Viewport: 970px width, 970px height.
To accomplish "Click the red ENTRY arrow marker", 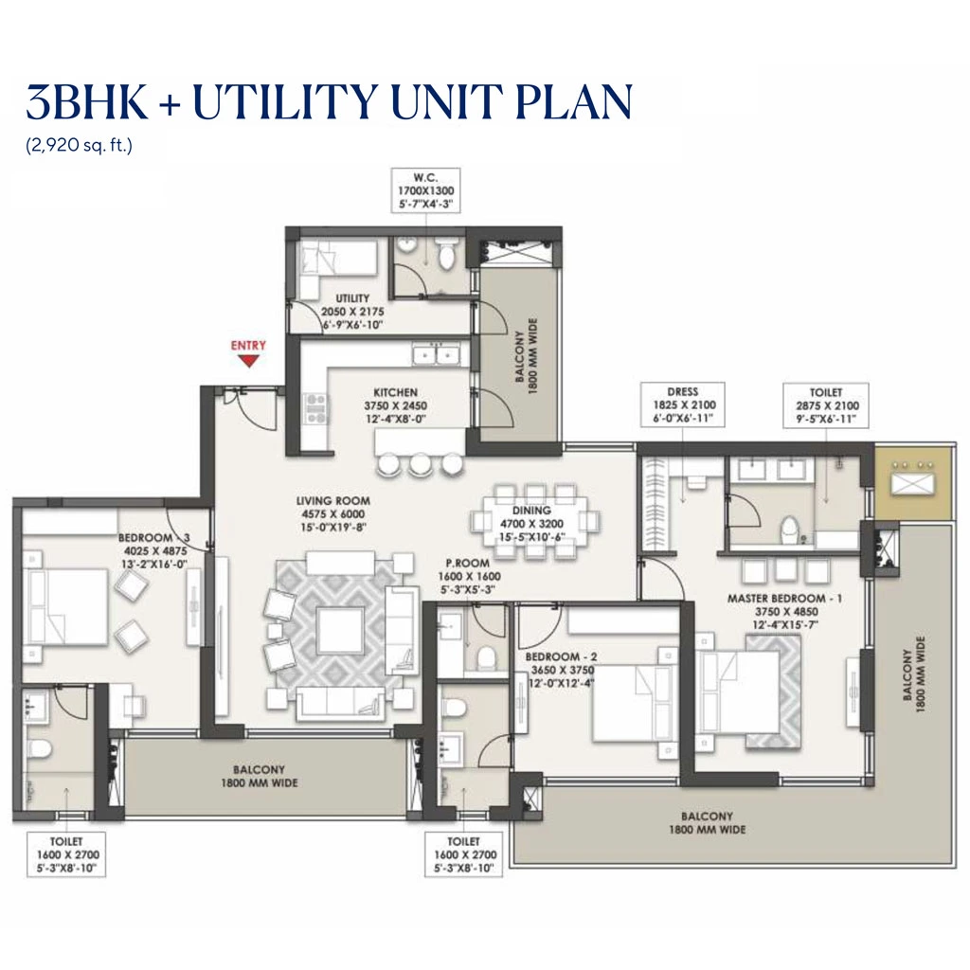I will tap(249, 360).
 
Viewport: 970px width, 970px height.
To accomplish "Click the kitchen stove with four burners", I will tap(314, 409).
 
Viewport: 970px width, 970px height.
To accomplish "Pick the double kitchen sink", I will tap(436, 355).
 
